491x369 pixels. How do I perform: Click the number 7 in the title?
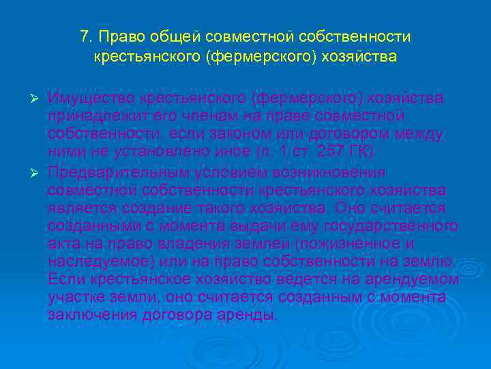[85, 36]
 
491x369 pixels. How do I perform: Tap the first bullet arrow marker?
[39, 99]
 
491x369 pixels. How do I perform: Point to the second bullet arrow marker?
[39, 172]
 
